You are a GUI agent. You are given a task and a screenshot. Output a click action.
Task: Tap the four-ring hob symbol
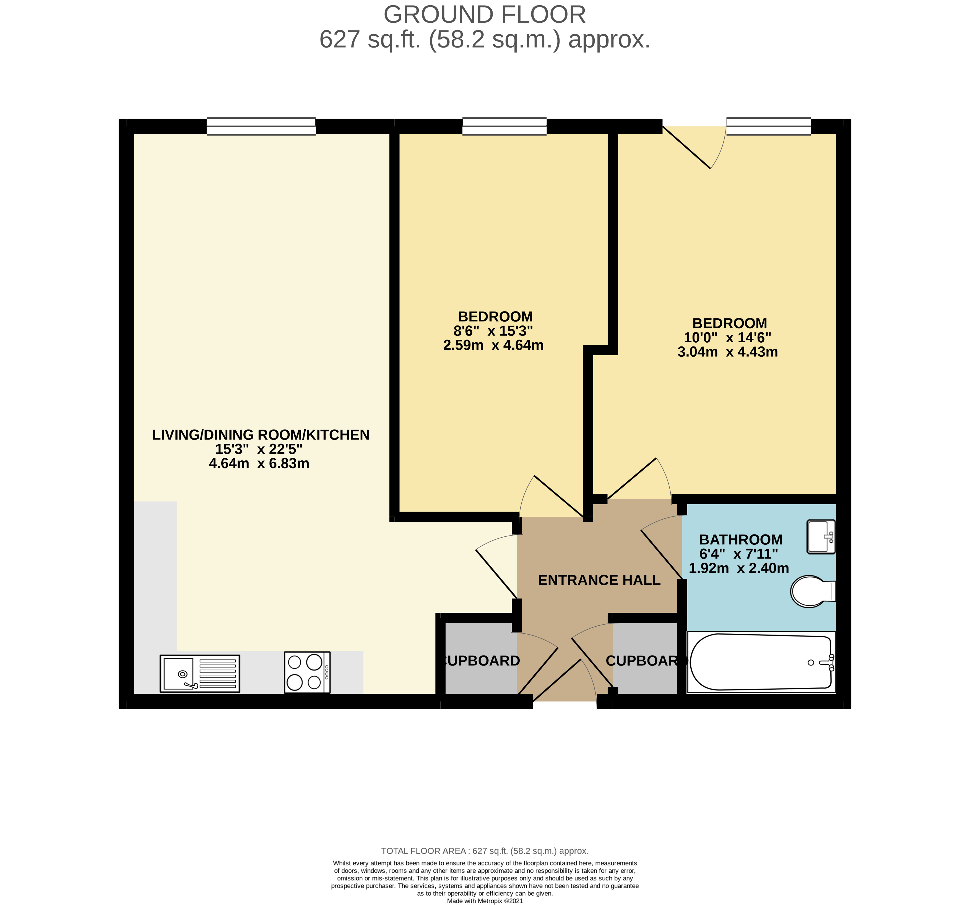click(x=307, y=672)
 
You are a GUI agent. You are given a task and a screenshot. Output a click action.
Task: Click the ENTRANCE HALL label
click(x=599, y=580)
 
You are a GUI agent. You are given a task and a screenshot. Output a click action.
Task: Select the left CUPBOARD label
click(x=481, y=661)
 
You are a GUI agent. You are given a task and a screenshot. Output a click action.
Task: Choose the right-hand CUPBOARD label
click(x=645, y=661)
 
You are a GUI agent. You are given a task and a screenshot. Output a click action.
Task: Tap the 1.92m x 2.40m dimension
click(x=738, y=568)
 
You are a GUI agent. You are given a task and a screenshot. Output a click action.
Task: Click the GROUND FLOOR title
click(x=485, y=15)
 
